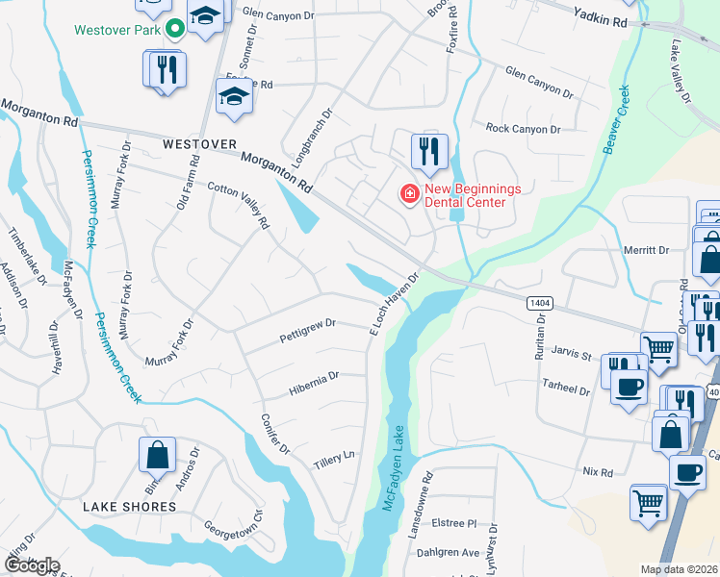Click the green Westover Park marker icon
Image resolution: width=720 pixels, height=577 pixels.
pyautogui.click(x=175, y=29)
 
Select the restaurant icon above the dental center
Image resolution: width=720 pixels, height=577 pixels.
pyautogui.click(x=428, y=151)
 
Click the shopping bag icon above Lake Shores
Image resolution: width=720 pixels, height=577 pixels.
pyautogui.click(x=157, y=455)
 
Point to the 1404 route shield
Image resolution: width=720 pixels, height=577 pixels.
pyautogui.click(x=539, y=302)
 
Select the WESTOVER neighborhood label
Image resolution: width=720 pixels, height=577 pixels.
pyautogui.click(x=199, y=143)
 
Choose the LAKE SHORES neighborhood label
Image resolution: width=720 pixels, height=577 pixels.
pyautogui.click(x=129, y=506)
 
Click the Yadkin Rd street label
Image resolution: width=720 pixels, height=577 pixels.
pyautogui.click(x=599, y=19)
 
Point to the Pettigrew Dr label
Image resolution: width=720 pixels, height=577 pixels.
pyautogui.click(x=307, y=331)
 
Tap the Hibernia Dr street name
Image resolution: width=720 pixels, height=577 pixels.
pyautogui.click(x=314, y=383)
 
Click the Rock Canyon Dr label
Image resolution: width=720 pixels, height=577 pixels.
pyautogui.click(x=523, y=129)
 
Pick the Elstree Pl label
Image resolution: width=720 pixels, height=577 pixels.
pyautogui.click(x=454, y=524)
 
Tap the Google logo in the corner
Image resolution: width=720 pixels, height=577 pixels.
pyautogui.click(x=32, y=565)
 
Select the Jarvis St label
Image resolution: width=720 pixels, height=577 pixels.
pyautogui.click(x=572, y=356)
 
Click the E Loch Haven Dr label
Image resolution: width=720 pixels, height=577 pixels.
pyautogui.click(x=395, y=302)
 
